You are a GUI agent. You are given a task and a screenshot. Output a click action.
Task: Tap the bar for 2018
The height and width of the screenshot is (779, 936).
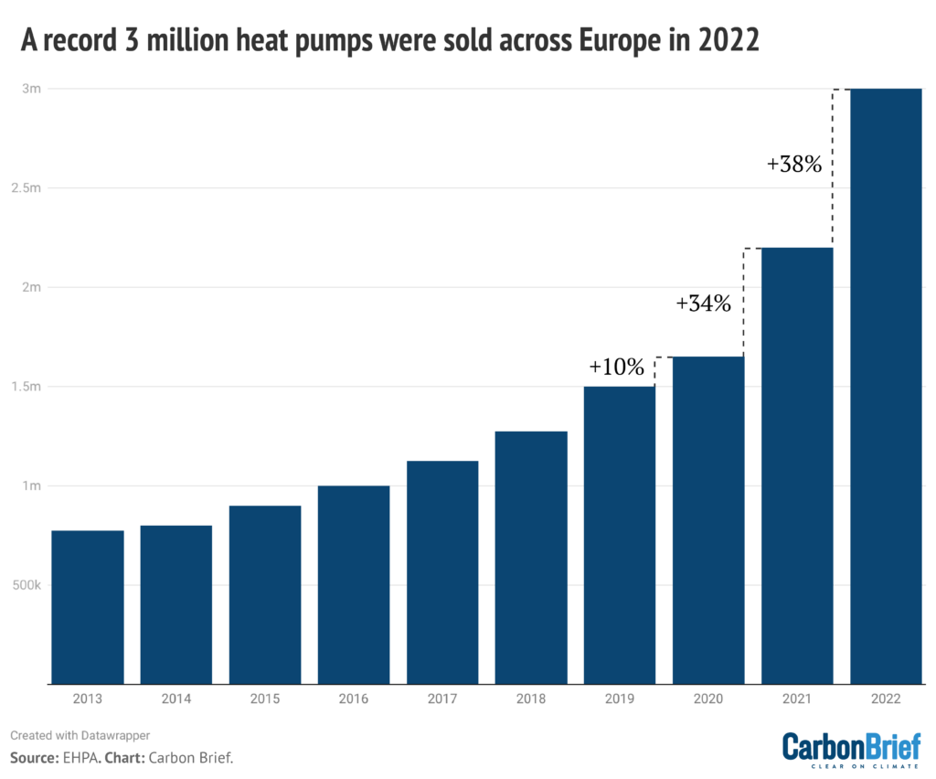[x=531, y=558]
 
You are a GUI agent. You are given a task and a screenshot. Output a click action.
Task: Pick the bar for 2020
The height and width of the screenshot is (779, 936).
[x=708, y=520]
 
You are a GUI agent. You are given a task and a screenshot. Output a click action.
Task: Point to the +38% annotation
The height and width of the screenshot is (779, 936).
[x=794, y=165]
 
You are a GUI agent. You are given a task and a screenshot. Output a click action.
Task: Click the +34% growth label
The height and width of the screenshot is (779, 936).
[x=704, y=304]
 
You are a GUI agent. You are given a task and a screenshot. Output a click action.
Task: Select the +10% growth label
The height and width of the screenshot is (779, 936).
[x=617, y=368]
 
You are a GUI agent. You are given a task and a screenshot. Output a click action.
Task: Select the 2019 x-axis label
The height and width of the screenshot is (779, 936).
[x=620, y=699]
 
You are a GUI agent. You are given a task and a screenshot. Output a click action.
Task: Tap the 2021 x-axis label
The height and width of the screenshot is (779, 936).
[x=797, y=699]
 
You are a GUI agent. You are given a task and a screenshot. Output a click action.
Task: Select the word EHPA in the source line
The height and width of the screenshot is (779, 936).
[x=84, y=758]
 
